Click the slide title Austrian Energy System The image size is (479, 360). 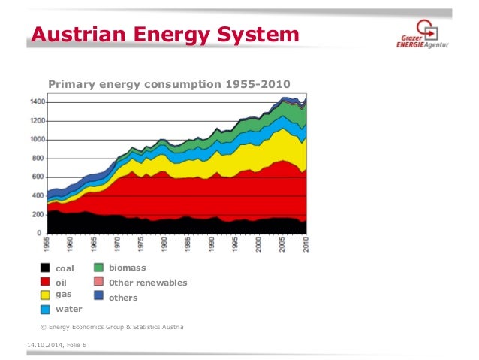[x=164, y=35]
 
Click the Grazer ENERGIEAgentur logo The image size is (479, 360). [x=424, y=37]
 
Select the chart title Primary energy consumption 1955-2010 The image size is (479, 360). [x=168, y=83]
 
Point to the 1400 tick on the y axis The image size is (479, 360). [x=37, y=102]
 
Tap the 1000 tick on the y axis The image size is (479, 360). [x=37, y=140]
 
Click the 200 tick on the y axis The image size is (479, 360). [x=38, y=215]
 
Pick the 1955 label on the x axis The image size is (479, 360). [x=47, y=244]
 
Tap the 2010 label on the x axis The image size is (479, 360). [x=306, y=244]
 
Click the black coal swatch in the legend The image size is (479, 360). [x=46, y=268]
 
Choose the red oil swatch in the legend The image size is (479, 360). [x=46, y=282]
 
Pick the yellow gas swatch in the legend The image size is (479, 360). [x=46, y=295]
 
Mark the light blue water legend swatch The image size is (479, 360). [x=46, y=309]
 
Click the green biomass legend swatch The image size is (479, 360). [x=98, y=268]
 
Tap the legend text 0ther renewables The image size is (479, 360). [x=148, y=283]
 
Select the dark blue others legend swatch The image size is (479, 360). [x=98, y=296]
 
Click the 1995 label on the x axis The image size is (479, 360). [x=235, y=244]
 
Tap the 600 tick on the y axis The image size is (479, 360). [x=38, y=177]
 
